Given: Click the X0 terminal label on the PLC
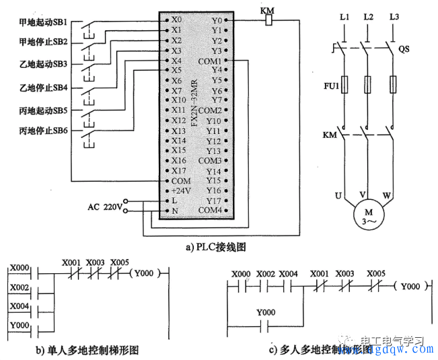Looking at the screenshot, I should click(177, 20).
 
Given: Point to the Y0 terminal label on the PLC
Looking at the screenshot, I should click(215, 20).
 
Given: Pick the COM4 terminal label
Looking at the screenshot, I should click(210, 211).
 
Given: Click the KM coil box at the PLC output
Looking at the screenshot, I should click(269, 21).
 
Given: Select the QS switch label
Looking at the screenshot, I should click(404, 49).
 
